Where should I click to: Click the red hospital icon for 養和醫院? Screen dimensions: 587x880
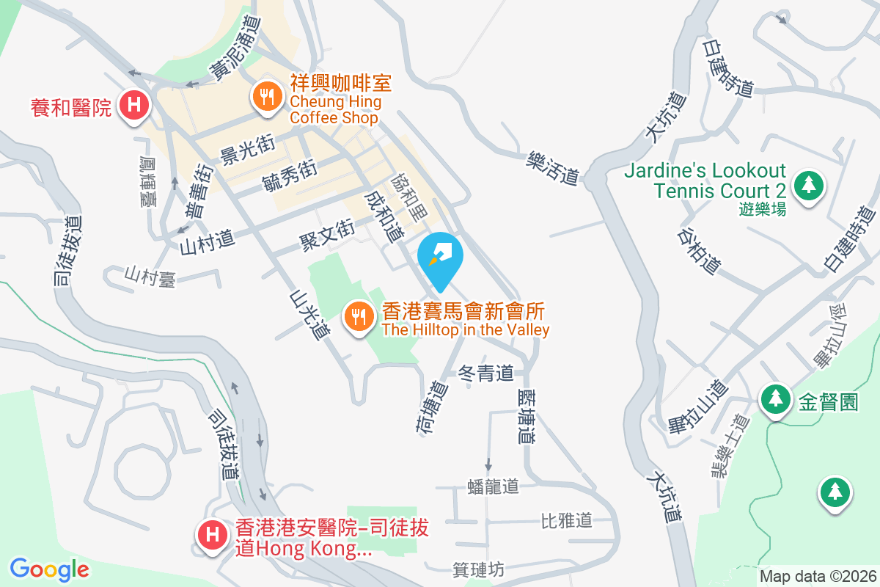tap(133, 104)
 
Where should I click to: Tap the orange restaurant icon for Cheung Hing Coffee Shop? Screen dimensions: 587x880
tap(266, 95)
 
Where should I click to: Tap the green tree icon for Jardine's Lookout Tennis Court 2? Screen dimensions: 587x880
tap(808, 184)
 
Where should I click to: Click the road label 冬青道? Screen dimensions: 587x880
tap(485, 373)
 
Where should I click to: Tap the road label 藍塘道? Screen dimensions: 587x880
tap(524, 415)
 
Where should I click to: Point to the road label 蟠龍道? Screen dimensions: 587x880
tap(493, 486)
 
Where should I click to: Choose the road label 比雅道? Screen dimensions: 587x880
tap(566, 521)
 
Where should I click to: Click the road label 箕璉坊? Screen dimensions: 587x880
tap(479, 569)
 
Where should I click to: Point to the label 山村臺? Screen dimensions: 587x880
tap(150, 277)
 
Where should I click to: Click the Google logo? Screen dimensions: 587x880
tap(49, 569)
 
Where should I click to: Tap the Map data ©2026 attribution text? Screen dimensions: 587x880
tap(818, 576)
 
